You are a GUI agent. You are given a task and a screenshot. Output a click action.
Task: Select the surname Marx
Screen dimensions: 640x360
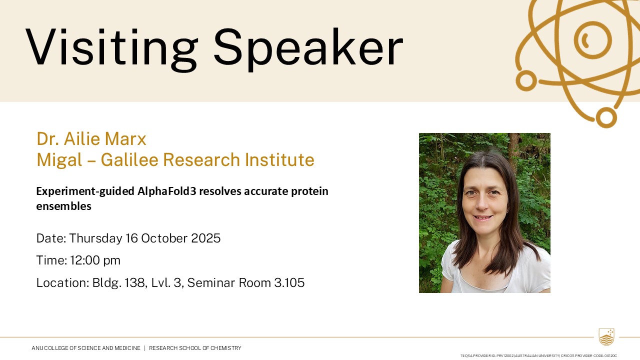pos(125,139)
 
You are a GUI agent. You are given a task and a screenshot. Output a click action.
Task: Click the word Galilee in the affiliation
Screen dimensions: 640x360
pos(129,159)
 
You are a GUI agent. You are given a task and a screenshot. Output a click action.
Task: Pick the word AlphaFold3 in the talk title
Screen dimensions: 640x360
pos(167,191)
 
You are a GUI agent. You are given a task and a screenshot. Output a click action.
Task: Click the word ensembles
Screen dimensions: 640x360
pos(63,206)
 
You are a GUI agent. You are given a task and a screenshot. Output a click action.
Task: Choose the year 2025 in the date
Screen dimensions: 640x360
pos(205,238)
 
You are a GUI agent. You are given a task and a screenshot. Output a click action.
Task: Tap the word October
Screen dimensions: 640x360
pos(164,238)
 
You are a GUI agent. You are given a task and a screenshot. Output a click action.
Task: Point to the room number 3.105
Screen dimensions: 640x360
pos(289,282)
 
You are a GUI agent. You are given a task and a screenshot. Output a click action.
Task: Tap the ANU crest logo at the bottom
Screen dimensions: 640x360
pos(606,337)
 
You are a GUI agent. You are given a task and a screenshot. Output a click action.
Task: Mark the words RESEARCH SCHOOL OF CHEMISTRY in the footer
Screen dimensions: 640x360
pos(195,348)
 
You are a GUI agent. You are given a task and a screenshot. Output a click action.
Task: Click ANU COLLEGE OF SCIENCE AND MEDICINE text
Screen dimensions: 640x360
pos(86,348)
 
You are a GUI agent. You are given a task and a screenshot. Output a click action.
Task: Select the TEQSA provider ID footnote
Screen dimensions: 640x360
pos(539,355)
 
